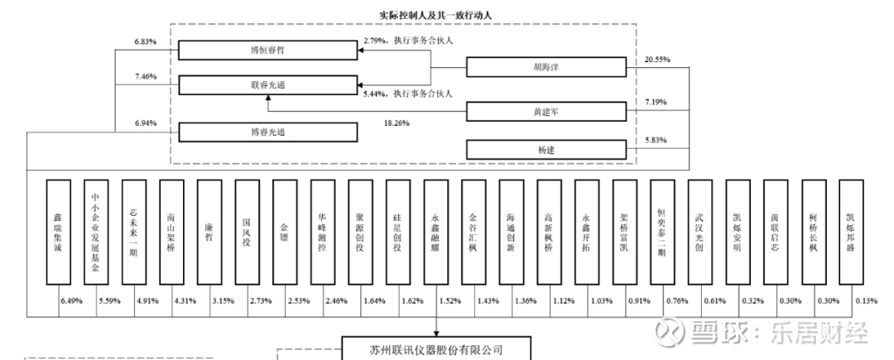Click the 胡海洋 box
(545, 68)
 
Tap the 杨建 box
(545, 150)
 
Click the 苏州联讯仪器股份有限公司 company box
(435, 349)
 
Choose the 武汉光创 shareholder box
(699, 233)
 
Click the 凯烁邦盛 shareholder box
(851, 233)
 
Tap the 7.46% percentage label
(145, 76)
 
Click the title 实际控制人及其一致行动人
(435, 13)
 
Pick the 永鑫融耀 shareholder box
(435, 233)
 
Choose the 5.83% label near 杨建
(656, 140)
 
